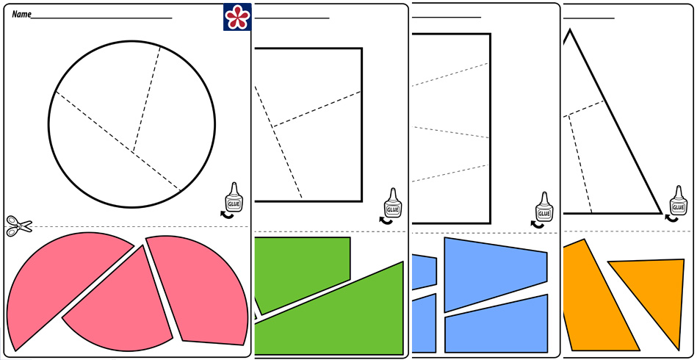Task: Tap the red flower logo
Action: point(236,17)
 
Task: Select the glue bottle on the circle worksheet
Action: point(233,198)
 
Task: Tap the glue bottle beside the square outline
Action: point(393,203)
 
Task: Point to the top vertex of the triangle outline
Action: point(571,29)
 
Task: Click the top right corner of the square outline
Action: point(361,49)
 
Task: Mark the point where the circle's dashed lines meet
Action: point(133,152)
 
